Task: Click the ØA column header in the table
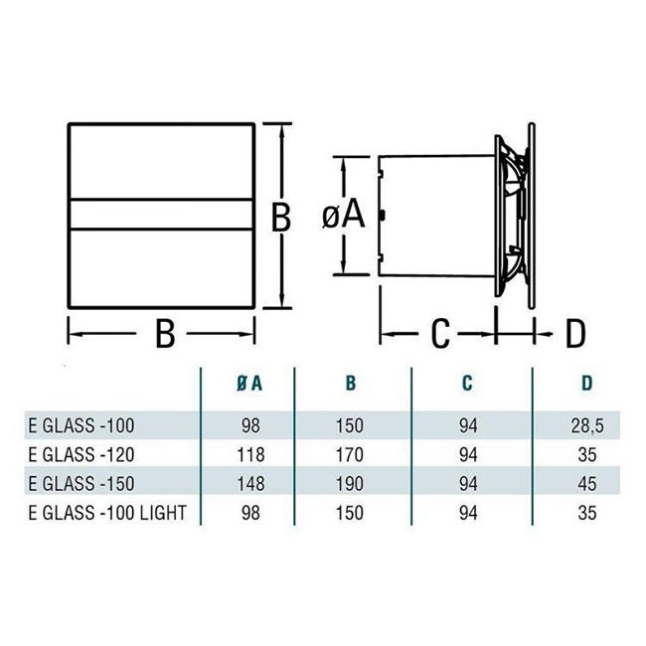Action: click(250, 384)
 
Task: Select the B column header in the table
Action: click(350, 384)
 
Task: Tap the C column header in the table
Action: click(467, 384)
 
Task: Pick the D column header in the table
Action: click(586, 384)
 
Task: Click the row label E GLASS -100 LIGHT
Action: click(107, 513)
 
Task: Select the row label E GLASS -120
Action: click(81, 455)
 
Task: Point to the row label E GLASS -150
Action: click(81, 484)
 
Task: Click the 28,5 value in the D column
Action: click(587, 426)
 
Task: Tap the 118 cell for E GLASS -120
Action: click(250, 455)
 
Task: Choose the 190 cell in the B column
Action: click(350, 484)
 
